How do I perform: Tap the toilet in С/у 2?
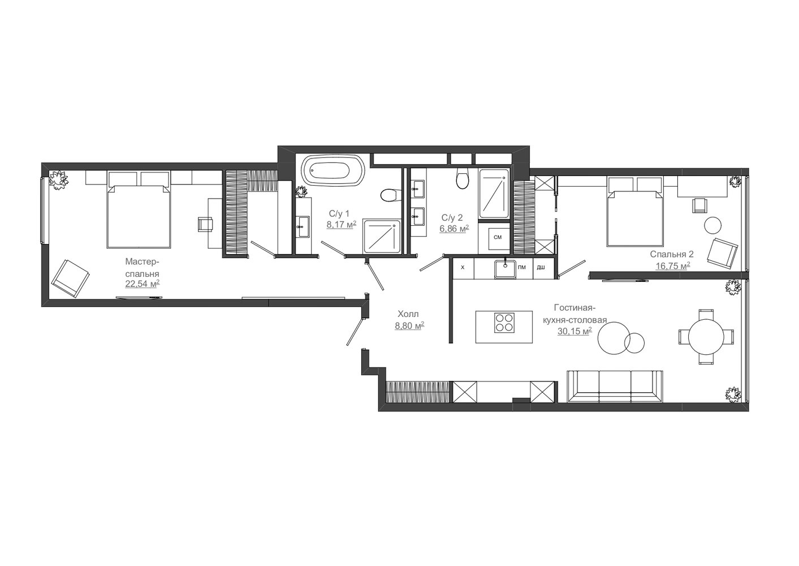point(463,179)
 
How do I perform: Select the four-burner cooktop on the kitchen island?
point(504,323)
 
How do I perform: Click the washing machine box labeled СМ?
point(497,238)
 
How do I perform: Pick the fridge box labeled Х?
point(463,268)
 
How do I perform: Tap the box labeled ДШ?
point(541,268)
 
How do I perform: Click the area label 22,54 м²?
point(142,284)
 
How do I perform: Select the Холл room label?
point(408,314)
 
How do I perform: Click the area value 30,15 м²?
point(575,331)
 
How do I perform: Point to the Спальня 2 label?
point(672,254)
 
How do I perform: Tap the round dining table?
point(706,337)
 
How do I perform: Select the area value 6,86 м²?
point(454,229)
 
